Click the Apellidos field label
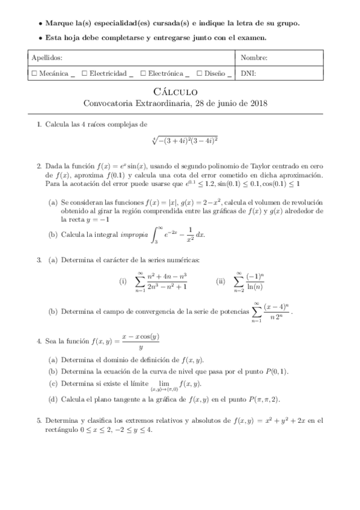pyautogui.click(x=46, y=58)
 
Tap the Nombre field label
pyautogui.click(x=254, y=58)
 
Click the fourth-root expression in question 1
pyautogui.click(x=185, y=140)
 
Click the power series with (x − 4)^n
pyautogui.click(x=271, y=312)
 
